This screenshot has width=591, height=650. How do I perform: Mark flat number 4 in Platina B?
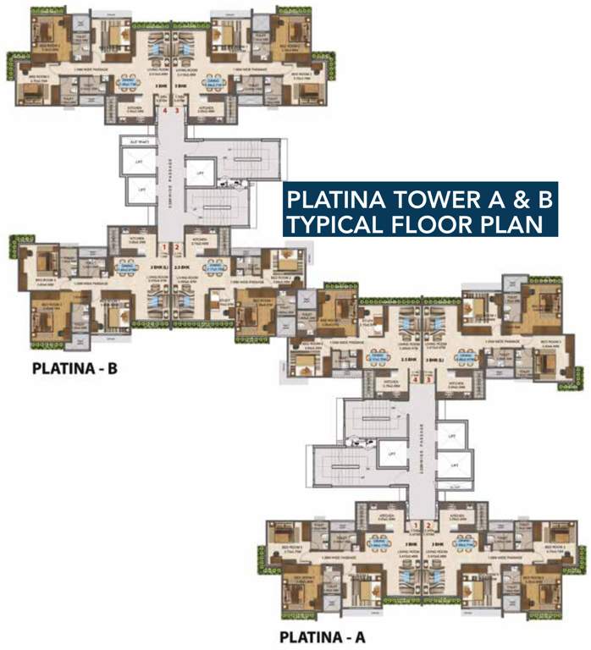[166, 110]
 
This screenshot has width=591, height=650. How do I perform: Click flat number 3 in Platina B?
[177, 110]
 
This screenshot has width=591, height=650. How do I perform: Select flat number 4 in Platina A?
[415, 380]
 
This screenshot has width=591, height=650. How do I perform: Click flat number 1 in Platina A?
[416, 526]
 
